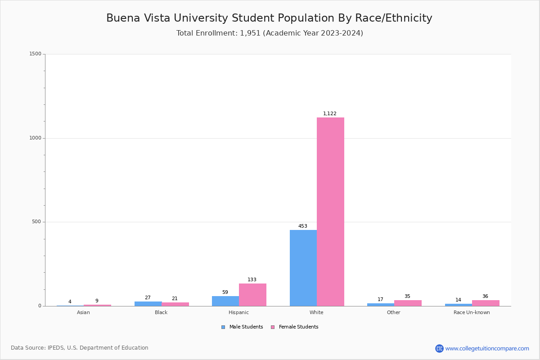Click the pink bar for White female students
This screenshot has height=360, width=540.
(x=330, y=211)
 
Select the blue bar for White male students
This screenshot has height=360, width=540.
(x=303, y=268)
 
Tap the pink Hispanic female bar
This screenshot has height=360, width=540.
(x=252, y=295)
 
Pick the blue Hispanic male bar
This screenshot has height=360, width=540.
(x=225, y=301)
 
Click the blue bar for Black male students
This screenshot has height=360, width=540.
(x=148, y=304)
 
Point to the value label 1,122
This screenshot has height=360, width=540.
(x=330, y=114)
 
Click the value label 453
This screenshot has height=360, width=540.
(x=303, y=226)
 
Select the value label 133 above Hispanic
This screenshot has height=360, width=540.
(x=252, y=280)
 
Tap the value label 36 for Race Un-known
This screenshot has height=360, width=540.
(x=485, y=297)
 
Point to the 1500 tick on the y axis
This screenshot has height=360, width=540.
(x=35, y=54)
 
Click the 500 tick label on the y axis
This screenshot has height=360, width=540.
(x=36, y=222)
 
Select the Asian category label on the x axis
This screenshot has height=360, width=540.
(x=83, y=312)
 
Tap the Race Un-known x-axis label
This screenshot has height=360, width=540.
(x=472, y=312)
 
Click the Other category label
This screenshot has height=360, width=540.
(x=393, y=312)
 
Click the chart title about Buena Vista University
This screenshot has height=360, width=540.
(x=269, y=18)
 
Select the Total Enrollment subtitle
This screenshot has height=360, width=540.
(x=270, y=33)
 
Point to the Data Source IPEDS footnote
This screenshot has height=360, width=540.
(x=80, y=348)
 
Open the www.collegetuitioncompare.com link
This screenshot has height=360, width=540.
(x=487, y=348)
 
